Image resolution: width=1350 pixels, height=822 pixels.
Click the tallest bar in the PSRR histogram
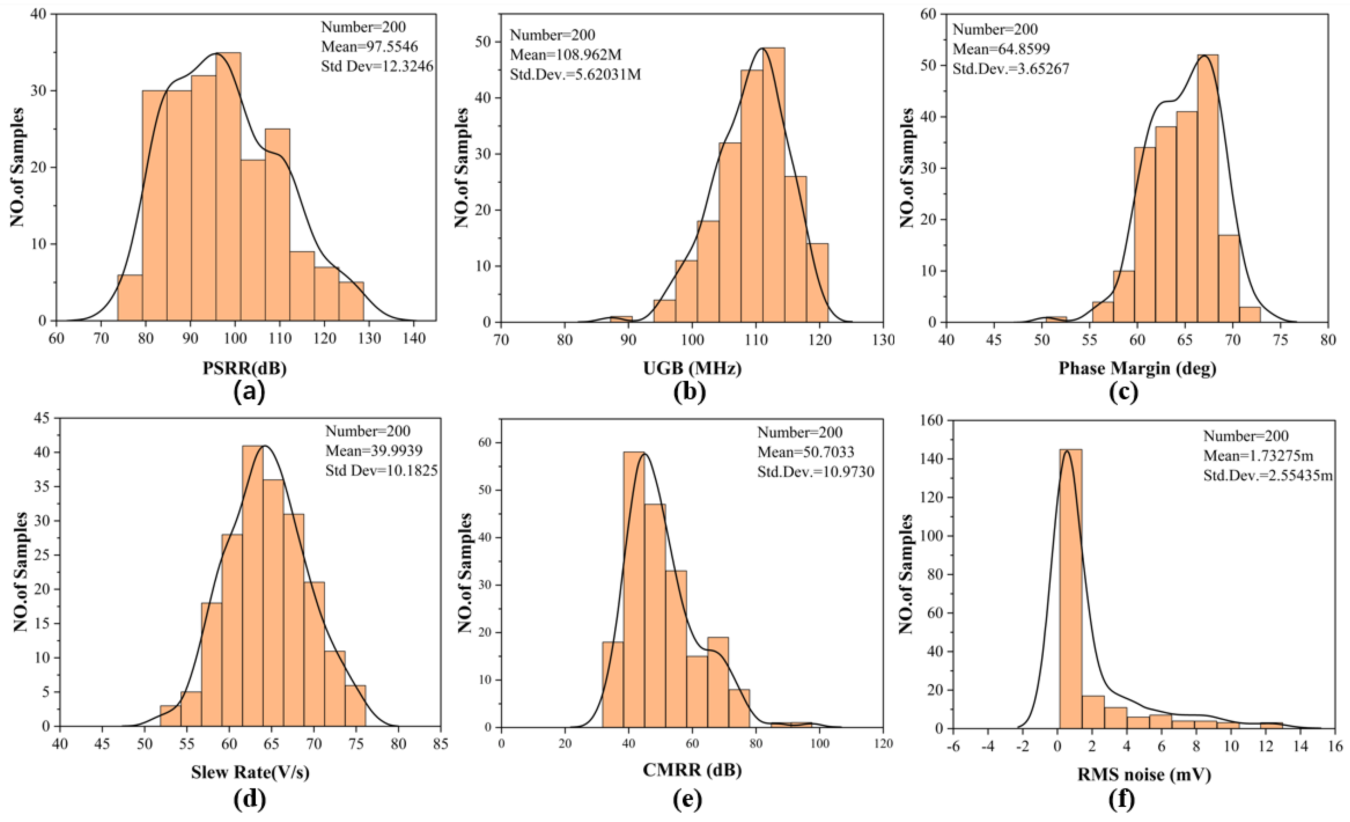click(x=228, y=186)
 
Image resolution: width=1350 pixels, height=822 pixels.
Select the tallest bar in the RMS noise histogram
click(x=1071, y=589)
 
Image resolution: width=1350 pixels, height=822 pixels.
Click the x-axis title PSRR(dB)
click(x=245, y=368)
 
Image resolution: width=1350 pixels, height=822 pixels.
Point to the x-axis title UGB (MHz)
click(x=692, y=368)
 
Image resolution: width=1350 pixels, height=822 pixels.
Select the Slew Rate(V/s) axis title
click(x=250, y=772)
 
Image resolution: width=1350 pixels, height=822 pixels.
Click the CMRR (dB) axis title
click(x=692, y=770)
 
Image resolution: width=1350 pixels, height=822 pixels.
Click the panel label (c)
click(x=1123, y=392)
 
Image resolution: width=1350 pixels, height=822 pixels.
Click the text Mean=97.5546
click(x=369, y=47)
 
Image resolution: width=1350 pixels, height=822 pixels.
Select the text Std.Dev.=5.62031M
click(x=575, y=74)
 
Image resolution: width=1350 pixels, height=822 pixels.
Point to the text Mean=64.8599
click(x=1001, y=49)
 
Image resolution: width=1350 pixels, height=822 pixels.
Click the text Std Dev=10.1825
click(x=381, y=471)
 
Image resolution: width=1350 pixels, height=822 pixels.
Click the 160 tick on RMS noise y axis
click(x=933, y=420)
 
